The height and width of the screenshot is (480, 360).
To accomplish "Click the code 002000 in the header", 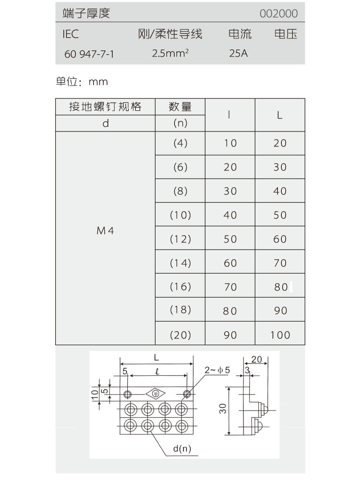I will (278, 14).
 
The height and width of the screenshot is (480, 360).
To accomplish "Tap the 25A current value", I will (239, 53).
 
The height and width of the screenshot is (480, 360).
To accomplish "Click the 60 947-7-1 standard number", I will (89, 54).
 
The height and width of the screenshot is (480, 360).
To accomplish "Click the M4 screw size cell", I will (106, 230).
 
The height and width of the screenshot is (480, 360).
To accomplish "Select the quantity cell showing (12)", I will (180, 239).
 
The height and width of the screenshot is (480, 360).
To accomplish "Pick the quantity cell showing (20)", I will (180, 335).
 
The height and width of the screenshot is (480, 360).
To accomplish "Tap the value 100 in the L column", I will (280, 335).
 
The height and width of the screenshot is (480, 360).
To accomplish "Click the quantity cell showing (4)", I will (180, 143).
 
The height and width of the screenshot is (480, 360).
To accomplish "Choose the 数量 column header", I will (180, 107).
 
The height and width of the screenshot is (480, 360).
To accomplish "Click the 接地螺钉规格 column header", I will (106, 107).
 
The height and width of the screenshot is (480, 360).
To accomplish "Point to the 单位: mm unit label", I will (82, 82).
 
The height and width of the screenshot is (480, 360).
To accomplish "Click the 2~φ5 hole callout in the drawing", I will (217, 370).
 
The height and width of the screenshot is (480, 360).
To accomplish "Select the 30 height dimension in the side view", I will (223, 409).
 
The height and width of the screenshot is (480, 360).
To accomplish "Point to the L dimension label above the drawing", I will (156, 358).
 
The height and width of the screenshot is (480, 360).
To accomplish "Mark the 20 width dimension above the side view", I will (256, 359).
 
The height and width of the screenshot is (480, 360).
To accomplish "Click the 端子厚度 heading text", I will (86, 13).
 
